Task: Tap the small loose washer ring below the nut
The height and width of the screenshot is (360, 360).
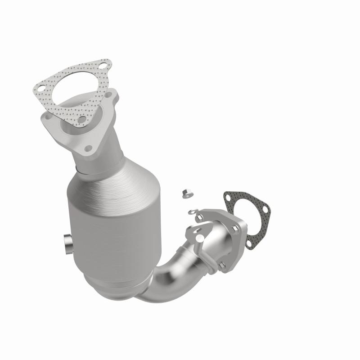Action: pos(191,211)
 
